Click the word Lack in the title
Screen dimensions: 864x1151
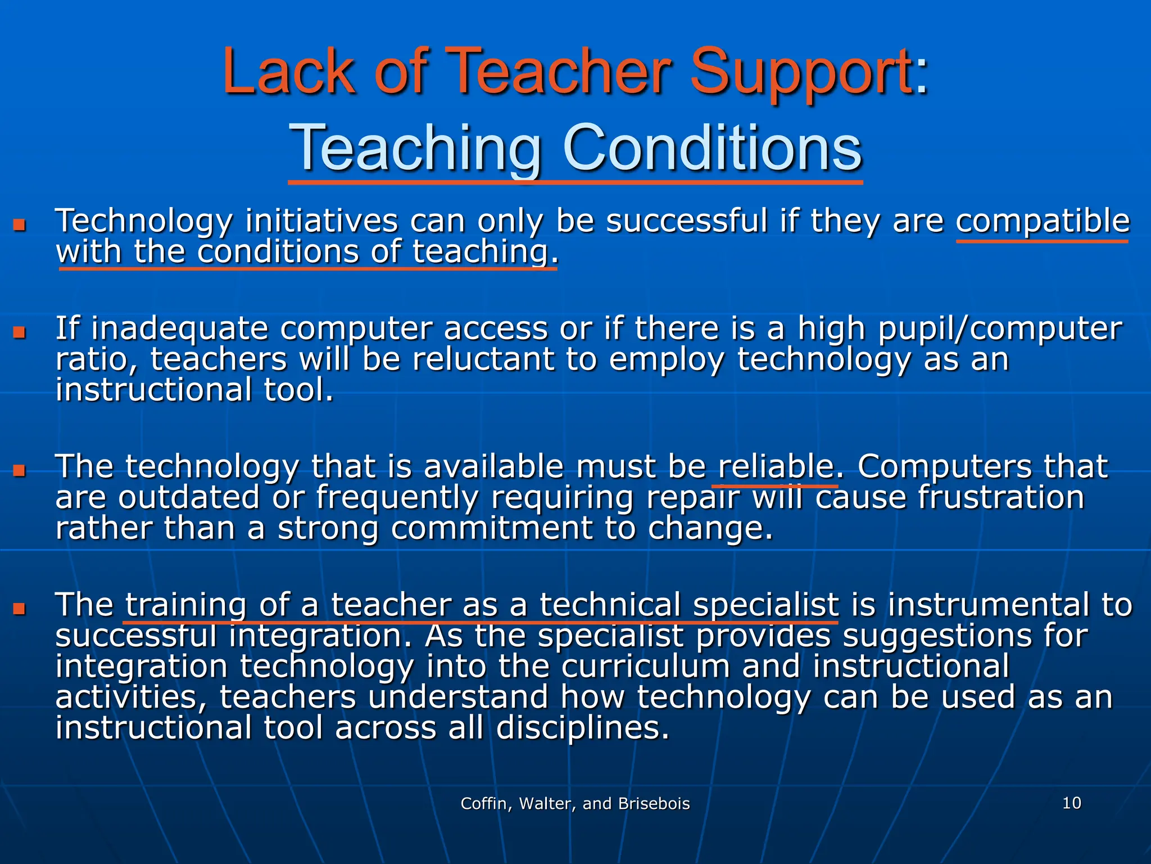(289, 71)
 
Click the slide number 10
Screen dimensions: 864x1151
(1071, 803)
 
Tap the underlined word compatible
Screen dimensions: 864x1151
(1043, 221)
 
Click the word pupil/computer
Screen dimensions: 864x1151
(1000, 328)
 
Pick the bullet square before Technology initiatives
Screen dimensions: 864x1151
(20, 226)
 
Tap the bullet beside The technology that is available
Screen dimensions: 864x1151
(20, 470)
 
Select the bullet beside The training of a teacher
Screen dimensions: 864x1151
(20, 609)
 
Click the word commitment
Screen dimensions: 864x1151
(492, 529)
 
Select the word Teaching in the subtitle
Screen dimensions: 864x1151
(415, 148)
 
